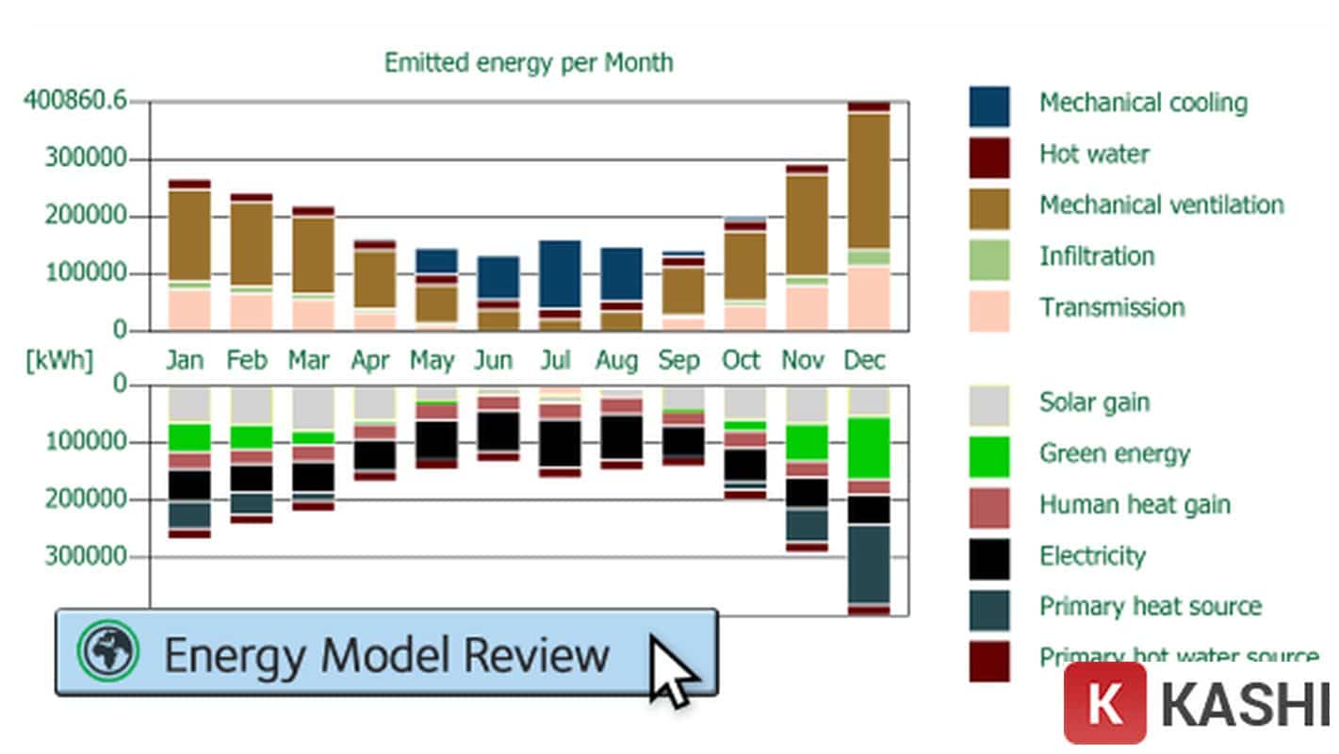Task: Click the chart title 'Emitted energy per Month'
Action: [528, 63]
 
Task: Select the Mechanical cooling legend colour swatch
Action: [988, 106]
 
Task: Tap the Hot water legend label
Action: [1094, 154]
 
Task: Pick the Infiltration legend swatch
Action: [988, 259]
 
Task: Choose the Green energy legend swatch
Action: [988, 456]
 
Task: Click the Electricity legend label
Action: [1092, 556]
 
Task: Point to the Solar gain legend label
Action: [1094, 402]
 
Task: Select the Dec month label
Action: [864, 361]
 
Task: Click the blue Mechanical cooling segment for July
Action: [560, 273]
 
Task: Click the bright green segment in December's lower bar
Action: [869, 448]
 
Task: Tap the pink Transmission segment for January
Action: [189, 310]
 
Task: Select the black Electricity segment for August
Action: [621, 436]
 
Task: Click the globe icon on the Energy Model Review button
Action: [107, 650]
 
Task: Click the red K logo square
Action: [1104, 703]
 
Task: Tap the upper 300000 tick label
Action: [86, 158]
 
